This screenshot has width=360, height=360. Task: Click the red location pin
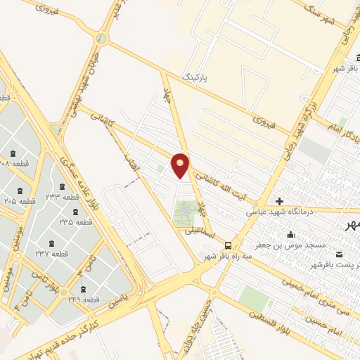click(x=181, y=165)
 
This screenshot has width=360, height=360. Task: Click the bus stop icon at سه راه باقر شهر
click(x=229, y=245)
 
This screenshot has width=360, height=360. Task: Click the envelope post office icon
click(x=340, y=254)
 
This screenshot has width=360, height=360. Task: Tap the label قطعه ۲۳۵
click(x=75, y=221)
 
